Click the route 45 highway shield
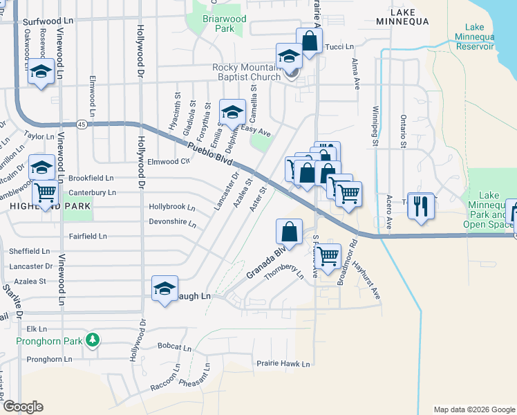82,124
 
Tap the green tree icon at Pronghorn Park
91,340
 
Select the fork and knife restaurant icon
421,205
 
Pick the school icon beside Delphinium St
233,111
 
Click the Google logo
23,407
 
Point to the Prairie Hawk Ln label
283,363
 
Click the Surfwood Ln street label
48,22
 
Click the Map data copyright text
473,409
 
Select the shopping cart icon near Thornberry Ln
328,256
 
